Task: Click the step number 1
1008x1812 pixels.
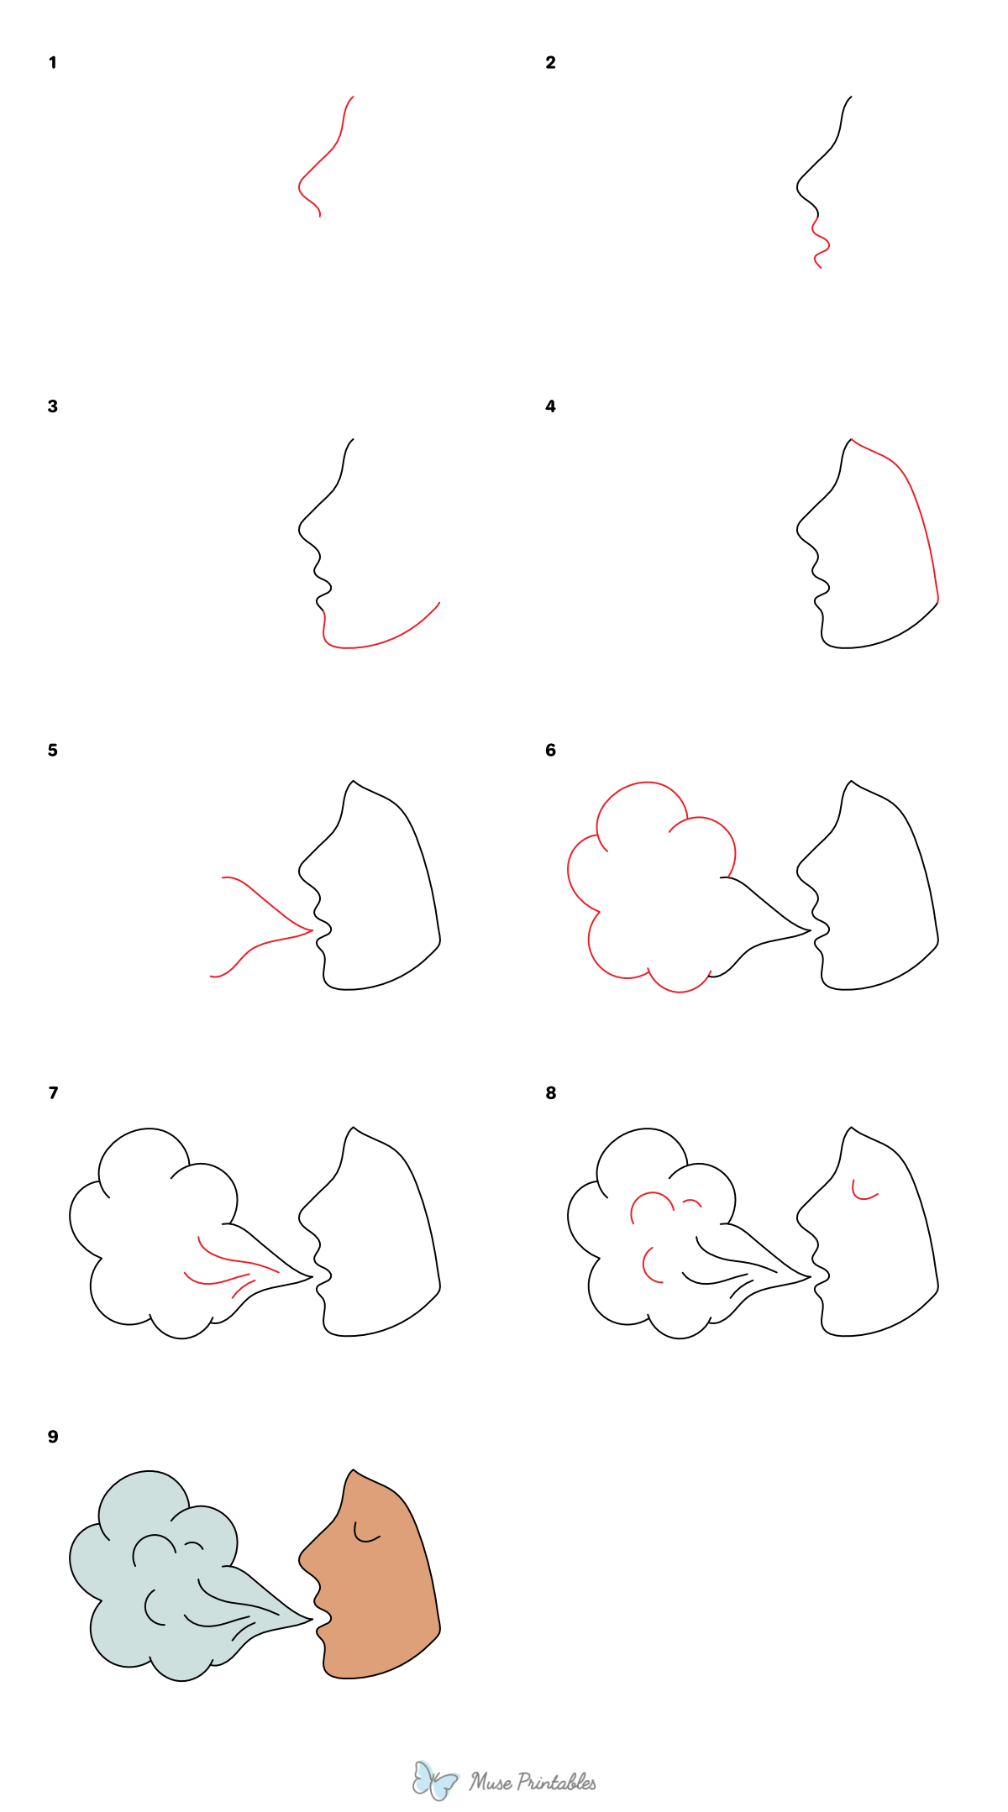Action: click(x=53, y=63)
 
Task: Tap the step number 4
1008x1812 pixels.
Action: click(x=550, y=406)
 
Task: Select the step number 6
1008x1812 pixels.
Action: click(x=550, y=750)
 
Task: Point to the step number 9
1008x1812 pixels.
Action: click(x=53, y=1437)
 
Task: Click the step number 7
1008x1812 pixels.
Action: click(x=53, y=1093)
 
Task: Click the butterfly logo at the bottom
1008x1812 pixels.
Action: click(x=434, y=1780)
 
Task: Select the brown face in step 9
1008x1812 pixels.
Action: click(x=378, y=1595)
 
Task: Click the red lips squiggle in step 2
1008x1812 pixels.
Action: click(x=821, y=244)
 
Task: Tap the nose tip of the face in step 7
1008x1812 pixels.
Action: click(x=300, y=1215)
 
